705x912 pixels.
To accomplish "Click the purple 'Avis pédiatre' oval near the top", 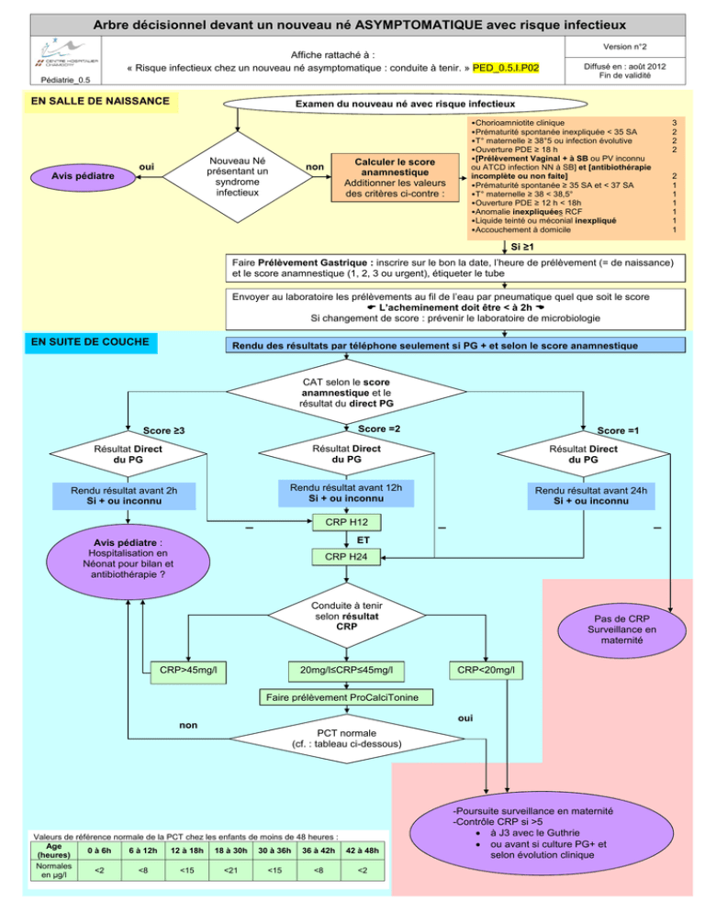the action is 83,176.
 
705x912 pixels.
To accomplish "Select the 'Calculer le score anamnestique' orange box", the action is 395,177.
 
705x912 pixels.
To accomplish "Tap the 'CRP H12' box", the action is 346,522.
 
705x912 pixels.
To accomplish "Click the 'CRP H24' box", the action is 346,557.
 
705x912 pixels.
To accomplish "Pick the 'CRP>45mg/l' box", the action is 188,671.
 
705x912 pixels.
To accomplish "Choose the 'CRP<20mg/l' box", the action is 487,671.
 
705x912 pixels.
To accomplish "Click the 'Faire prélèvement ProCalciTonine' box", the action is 346,697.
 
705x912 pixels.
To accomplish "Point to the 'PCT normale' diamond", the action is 347,739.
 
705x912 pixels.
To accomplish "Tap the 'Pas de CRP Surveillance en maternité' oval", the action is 621,630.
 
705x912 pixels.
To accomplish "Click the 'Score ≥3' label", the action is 164,431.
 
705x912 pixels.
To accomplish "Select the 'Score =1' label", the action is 618,431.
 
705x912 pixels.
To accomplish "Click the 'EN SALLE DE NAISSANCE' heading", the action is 100,101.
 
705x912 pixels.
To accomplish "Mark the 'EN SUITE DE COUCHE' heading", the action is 90,342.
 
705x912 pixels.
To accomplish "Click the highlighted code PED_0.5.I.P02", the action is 506,68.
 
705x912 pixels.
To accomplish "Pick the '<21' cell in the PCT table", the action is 230,870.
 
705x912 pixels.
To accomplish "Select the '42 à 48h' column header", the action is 362,851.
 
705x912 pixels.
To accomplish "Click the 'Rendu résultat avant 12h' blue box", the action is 346,494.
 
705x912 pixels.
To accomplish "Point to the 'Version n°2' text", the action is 624,47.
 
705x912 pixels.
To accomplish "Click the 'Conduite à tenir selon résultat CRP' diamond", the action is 347,616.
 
